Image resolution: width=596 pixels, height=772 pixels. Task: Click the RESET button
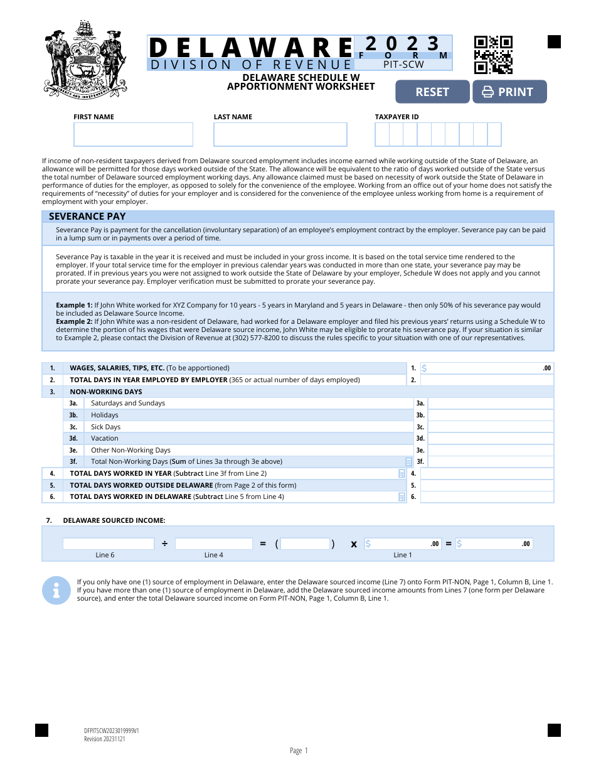[432, 92]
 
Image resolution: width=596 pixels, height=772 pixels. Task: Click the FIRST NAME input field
[133, 134]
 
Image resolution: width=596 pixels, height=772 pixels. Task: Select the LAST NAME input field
[280, 134]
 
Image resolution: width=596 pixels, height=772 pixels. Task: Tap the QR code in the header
[493, 55]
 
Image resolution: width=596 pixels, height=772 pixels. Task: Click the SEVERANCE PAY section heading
[87, 217]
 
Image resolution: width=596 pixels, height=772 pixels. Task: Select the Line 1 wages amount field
[487, 368]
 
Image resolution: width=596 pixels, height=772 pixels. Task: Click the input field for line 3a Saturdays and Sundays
[491, 404]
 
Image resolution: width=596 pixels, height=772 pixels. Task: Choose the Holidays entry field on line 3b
[491, 415]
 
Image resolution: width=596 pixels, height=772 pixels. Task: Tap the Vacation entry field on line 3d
[491, 439]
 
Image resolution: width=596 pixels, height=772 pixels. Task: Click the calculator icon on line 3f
[410, 462]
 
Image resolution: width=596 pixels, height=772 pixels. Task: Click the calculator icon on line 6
[402, 497]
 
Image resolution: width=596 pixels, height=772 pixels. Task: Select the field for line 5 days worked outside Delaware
[487, 485]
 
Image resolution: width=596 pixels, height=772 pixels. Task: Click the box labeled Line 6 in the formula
[108, 544]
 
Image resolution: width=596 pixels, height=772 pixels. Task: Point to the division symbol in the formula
[164, 544]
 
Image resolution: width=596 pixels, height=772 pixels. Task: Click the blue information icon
[56, 590]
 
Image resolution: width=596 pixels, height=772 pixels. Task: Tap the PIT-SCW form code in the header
[403, 64]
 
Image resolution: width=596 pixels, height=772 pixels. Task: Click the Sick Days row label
[105, 427]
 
